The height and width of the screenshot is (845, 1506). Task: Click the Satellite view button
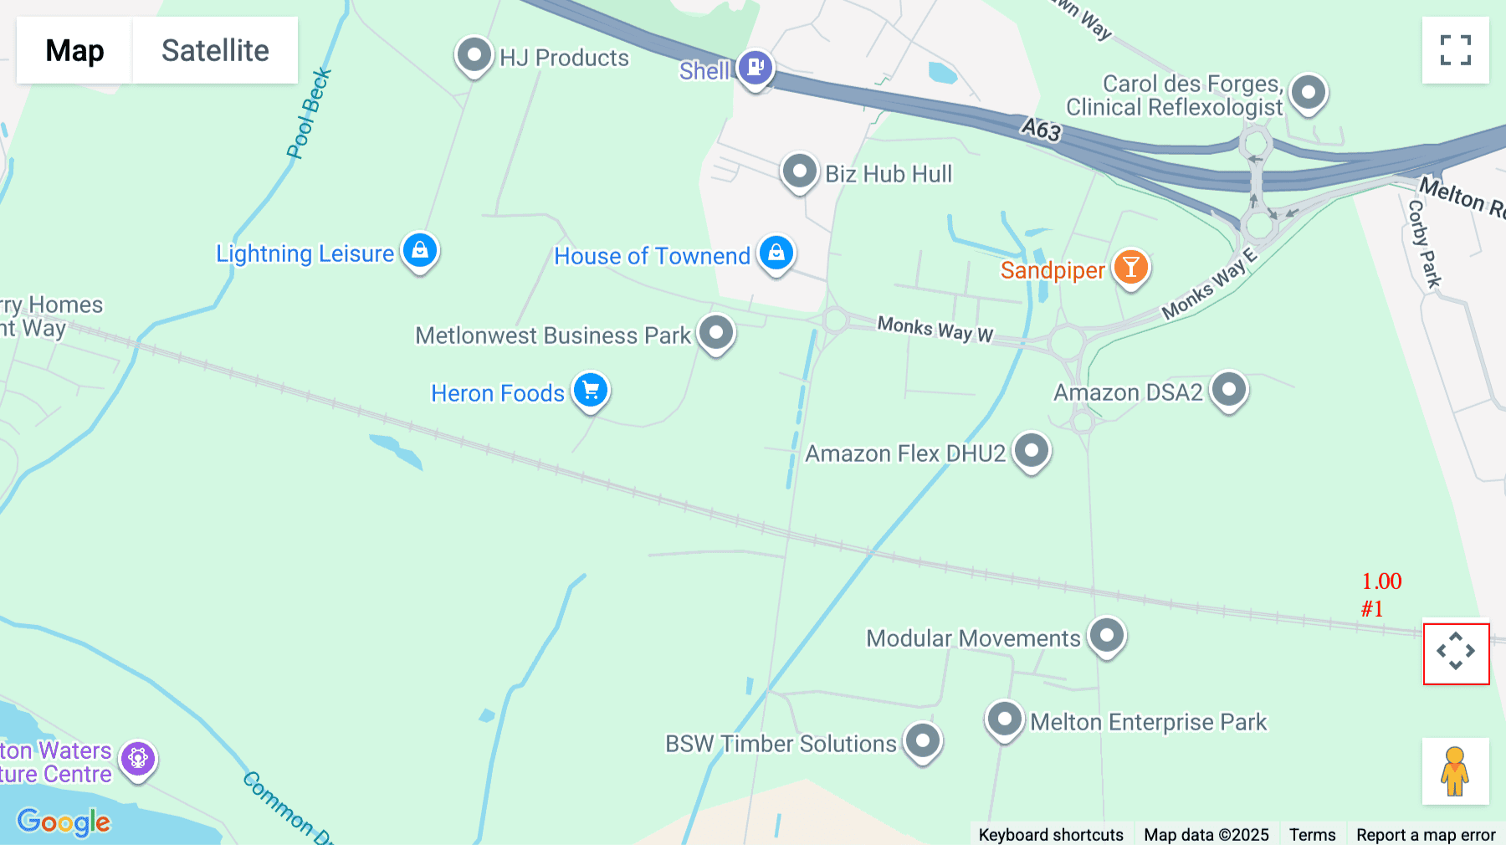[x=215, y=50]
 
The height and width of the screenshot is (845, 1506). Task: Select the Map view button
[x=74, y=50]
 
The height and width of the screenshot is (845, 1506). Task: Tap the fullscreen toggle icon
[x=1455, y=50]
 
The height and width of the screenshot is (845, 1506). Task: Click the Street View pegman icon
[x=1455, y=771]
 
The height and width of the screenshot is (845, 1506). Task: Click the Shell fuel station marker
[x=755, y=66]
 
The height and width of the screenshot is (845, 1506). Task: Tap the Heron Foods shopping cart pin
[x=591, y=390]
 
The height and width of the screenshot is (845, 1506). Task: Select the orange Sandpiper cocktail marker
[x=1130, y=268]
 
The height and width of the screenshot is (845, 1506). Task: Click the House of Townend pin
[x=776, y=252]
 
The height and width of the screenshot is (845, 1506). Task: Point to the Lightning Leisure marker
[x=420, y=250]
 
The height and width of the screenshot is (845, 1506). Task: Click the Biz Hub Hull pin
[x=799, y=172]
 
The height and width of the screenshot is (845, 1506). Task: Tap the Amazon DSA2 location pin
[x=1228, y=389]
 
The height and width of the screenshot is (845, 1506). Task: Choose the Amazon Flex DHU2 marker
[x=1031, y=451]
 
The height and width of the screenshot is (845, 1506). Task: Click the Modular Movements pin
[x=1106, y=635]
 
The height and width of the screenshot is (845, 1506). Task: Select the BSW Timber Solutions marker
[x=922, y=740]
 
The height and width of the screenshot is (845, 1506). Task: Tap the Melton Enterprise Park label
[x=1148, y=722]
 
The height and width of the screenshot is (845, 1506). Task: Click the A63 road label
[x=1041, y=130]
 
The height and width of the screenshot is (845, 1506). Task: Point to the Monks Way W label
[x=935, y=329]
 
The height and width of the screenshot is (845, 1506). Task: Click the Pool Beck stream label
[x=309, y=114]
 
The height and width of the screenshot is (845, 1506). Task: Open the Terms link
[x=1312, y=834]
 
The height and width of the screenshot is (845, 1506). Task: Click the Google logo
[x=64, y=822]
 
